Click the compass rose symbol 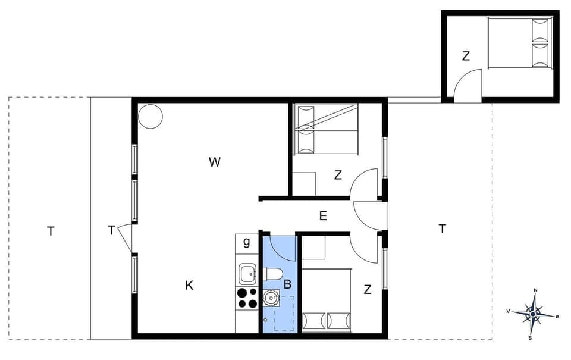point(534,314)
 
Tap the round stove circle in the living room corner point(150,116)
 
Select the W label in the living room point(215,162)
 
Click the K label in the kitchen point(189,286)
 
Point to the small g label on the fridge point(247,242)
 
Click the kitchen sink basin point(247,274)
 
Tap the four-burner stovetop point(247,298)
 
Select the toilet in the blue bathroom point(273,274)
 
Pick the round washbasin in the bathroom point(272,296)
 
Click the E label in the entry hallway point(323,216)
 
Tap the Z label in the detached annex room point(466,57)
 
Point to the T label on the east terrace point(442,228)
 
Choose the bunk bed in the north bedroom point(326,129)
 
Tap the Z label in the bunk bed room point(338,176)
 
